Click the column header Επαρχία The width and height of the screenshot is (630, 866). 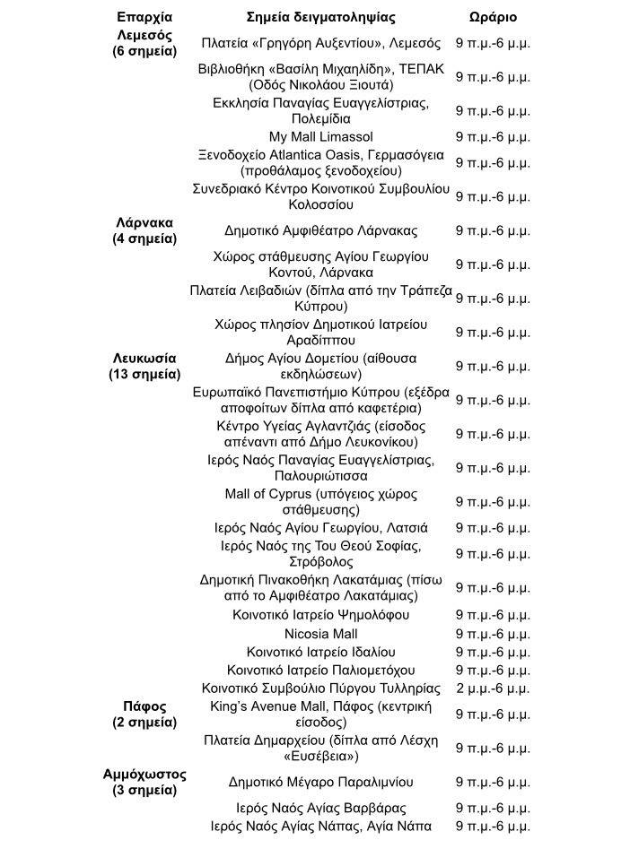pos(144,17)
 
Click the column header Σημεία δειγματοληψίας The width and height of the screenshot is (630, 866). pos(320,17)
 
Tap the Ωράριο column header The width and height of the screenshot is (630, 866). pos(493,17)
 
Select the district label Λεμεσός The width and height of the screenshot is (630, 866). pos(144,35)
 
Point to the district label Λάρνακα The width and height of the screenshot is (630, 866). pos(144,222)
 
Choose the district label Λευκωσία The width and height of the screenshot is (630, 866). pos(144,358)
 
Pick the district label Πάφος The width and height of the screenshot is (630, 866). pos(144,706)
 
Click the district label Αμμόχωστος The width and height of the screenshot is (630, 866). pos(144,774)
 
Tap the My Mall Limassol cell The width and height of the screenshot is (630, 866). pos(320,137)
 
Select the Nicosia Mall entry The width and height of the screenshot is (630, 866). pos(320,635)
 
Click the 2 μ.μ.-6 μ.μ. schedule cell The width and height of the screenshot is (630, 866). pos(493,688)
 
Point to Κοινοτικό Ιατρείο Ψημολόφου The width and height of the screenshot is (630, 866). pos(320,615)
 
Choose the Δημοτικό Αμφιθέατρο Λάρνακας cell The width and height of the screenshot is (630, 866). pos(320,230)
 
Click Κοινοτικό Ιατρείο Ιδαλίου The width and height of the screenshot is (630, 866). pos(320,653)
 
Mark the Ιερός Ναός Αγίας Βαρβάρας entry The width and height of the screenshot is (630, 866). pos(320,809)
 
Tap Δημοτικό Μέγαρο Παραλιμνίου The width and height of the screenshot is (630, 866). pos(320,782)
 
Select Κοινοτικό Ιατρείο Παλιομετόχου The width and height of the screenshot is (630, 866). pos(320,671)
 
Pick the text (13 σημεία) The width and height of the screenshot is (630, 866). pos(144,374)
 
